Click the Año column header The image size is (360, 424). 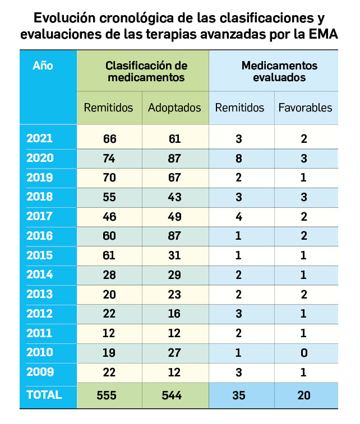click(43, 66)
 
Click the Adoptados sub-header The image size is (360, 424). click(174, 108)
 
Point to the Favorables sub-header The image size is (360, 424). click(305, 108)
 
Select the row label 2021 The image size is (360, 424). click(40, 139)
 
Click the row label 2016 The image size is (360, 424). click(40, 236)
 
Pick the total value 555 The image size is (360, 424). click(109, 395)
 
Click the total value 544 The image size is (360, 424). click(174, 395)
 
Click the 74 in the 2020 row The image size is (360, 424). click(109, 159)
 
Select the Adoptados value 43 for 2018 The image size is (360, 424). click(174, 197)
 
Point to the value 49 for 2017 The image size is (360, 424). click(174, 217)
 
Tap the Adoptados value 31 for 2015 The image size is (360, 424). click(174, 255)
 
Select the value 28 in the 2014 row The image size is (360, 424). click(109, 275)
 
